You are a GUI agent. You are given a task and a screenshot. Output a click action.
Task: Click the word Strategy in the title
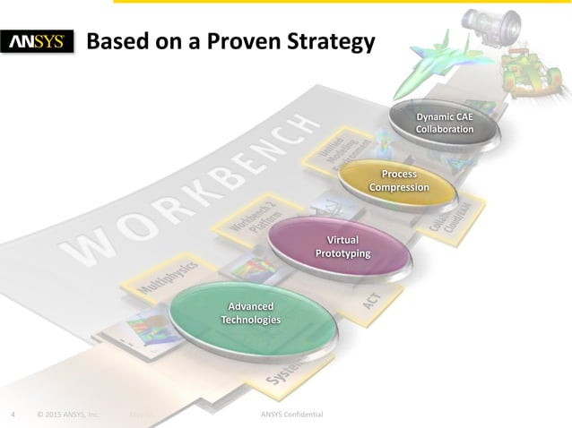[324, 42]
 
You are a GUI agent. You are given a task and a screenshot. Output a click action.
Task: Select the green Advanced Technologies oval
[254, 313]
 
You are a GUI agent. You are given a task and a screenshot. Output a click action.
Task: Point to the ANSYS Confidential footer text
[291, 415]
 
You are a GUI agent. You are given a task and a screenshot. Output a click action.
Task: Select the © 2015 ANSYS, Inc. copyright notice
[68, 415]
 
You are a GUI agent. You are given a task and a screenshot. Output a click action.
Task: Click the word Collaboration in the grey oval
[445, 129]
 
